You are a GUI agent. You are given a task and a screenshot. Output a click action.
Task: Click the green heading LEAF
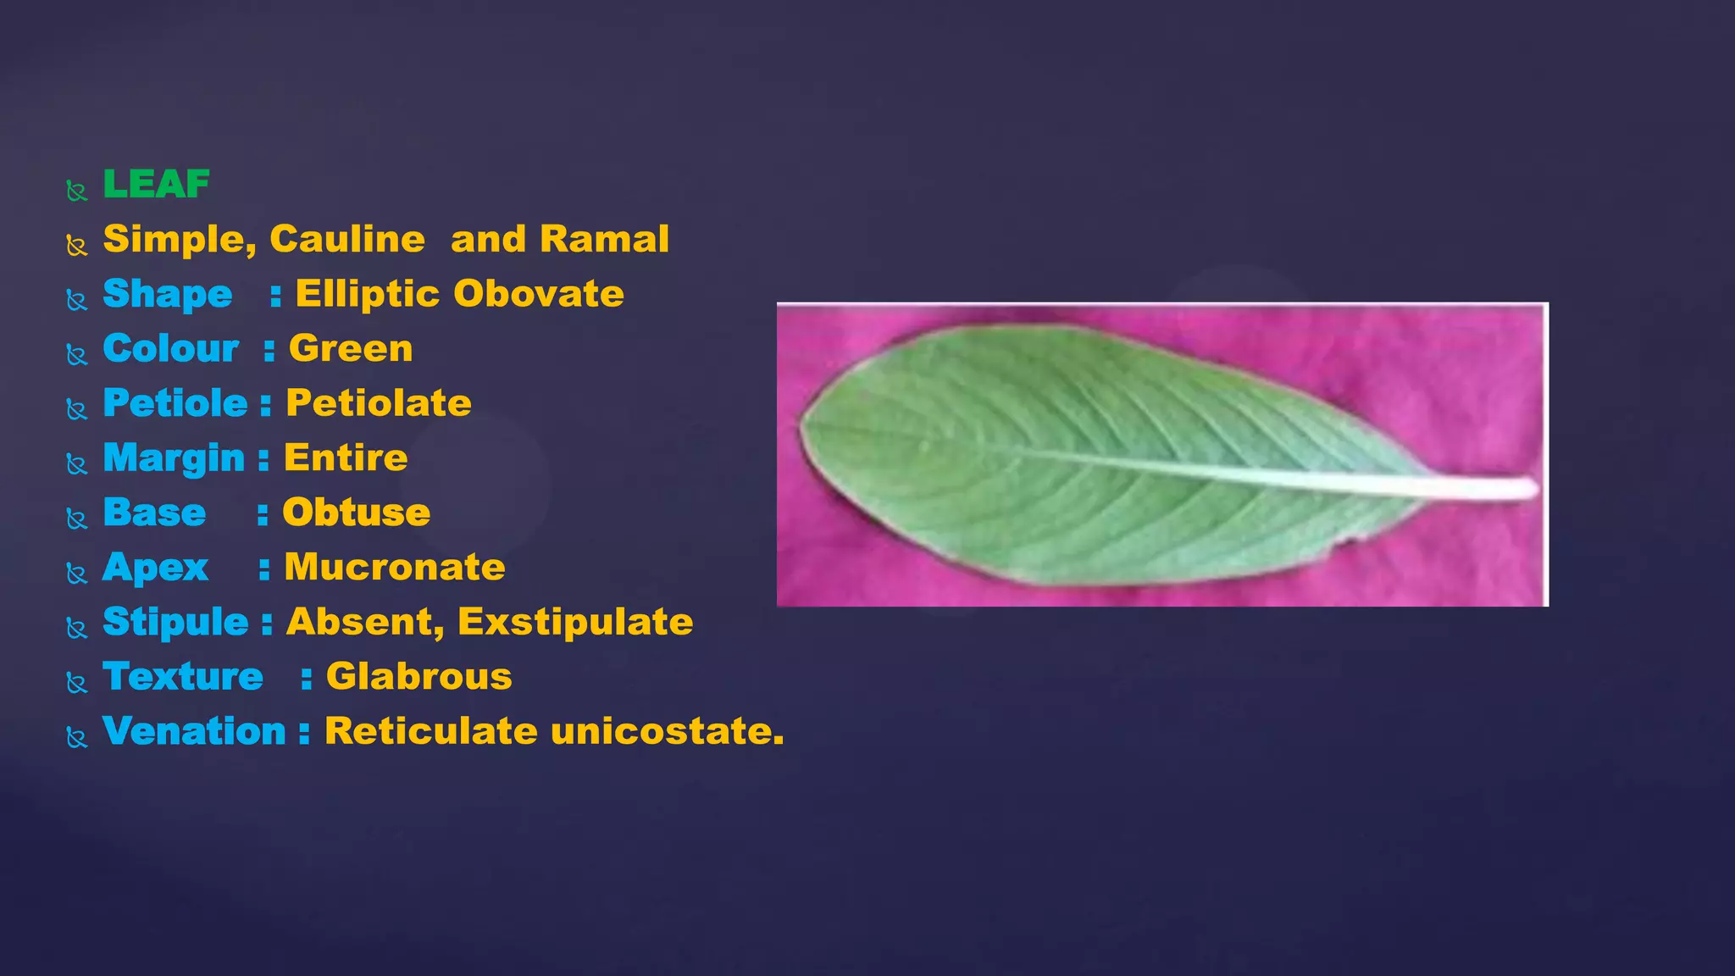(x=156, y=185)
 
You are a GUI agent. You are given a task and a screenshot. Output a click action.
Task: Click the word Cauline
(x=347, y=240)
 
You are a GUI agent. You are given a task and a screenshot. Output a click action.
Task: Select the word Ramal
(x=604, y=240)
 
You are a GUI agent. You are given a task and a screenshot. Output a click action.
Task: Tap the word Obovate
(x=539, y=294)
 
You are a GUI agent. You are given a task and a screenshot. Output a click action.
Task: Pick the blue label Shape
(x=167, y=295)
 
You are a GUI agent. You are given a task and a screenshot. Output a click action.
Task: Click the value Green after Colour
(x=351, y=349)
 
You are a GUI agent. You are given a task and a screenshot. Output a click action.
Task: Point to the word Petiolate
(x=378, y=403)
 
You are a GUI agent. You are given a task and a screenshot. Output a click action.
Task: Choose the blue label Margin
(x=174, y=458)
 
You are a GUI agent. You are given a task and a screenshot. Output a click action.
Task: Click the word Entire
(x=346, y=458)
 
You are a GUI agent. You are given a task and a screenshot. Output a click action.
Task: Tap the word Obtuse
(x=356, y=513)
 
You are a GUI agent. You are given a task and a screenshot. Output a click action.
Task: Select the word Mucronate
(x=395, y=568)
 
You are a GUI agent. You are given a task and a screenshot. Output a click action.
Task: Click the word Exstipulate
(x=575, y=622)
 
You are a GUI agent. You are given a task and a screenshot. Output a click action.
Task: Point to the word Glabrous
(x=419, y=677)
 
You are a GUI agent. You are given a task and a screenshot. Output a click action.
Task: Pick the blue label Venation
(x=194, y=731)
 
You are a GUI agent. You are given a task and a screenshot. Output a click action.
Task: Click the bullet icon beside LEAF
(x=77, y=191)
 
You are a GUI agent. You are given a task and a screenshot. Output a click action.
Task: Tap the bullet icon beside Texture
(x=77, y=683)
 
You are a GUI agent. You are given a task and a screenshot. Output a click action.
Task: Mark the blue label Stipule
(x=175, y=623)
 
